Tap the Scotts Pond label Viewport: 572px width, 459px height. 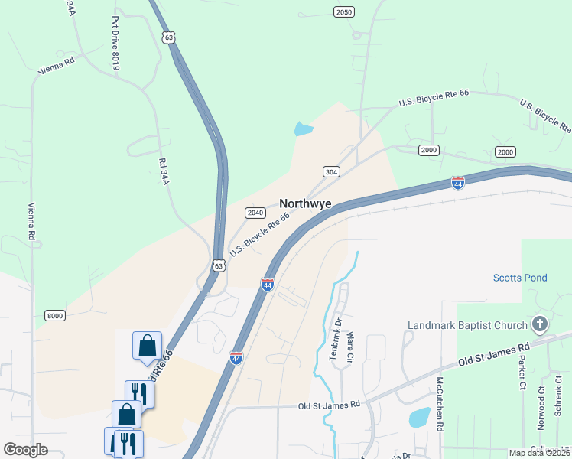pyautogui.click(x=520, y=278)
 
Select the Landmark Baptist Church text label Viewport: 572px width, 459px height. pyautogui.click(x=467, y=325)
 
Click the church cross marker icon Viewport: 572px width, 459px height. pyautogui.click(x=541, y=324)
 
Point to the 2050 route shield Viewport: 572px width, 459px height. pyautogui.click(x=344, y=11)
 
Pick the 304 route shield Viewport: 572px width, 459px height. pyautogui.click(x=330, y=172)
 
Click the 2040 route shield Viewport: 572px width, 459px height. pyautogui.click(x=255, y=213)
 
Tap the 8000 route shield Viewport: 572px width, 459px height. pyautogui.click(x=55, y=315)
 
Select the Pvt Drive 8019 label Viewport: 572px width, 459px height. pyautogui.click(x=116, y=43)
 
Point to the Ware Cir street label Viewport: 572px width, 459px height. pyautogui.click(x=351, y=346)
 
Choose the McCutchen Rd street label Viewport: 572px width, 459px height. pyautogui.click(x=440, y=405)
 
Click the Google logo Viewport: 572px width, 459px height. pyautogui.click(x=26, y=449)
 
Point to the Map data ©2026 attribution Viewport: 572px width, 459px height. pyautogui.click(x=540, y=453)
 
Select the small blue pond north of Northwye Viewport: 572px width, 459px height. pyautogui.click(x=304, y=129)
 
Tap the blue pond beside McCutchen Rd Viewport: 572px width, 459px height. pyautogui.click(x=419, y=417)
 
